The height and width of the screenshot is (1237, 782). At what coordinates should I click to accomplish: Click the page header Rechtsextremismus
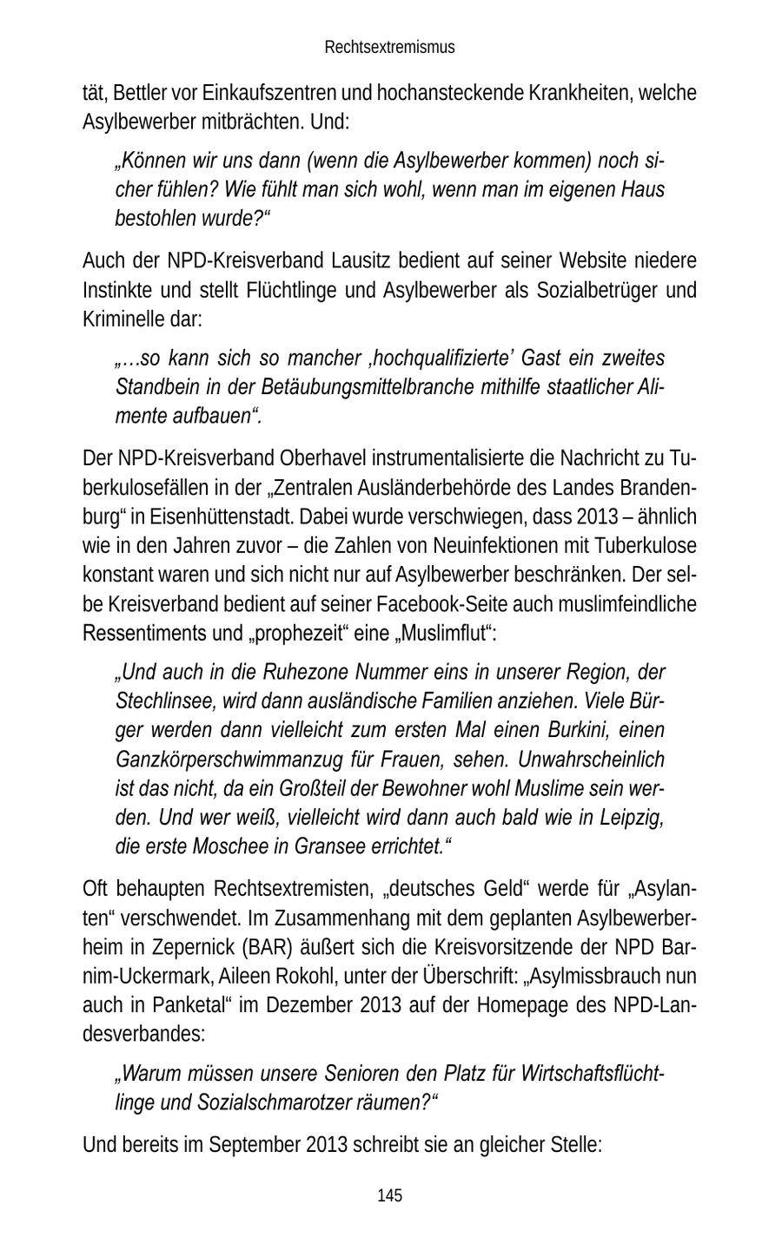click(389, 47)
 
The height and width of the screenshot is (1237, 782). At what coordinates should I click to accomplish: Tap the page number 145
click(390, 1195)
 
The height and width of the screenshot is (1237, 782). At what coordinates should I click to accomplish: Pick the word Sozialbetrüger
click(589, 289)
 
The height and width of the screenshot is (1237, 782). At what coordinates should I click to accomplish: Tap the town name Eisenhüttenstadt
click(211, 517)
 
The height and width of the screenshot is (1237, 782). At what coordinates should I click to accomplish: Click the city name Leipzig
click(633, 817)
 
